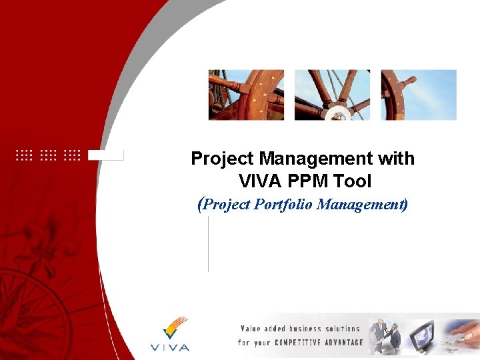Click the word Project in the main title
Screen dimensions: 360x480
[223, 159]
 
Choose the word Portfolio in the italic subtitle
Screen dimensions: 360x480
[284, 204]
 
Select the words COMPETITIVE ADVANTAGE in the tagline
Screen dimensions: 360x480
[324, 343]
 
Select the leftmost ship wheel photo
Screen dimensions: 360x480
[246, 95]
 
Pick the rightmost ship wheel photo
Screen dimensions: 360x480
[419, 95]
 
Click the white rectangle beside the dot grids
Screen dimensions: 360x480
[106, 155]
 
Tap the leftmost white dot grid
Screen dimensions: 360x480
[23, 155]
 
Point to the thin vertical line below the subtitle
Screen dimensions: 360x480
[209, 243]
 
